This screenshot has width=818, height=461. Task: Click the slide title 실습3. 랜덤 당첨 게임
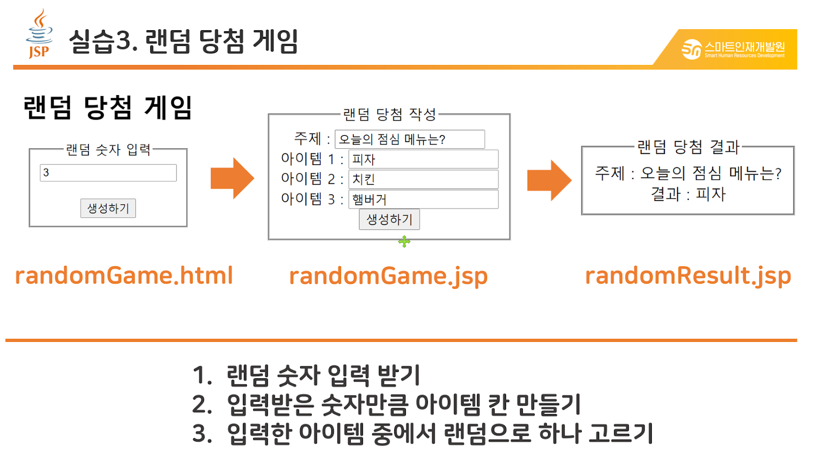pos(183,41)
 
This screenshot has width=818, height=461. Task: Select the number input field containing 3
pos(108,173)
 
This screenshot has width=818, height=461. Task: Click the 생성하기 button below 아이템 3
pos(389,219)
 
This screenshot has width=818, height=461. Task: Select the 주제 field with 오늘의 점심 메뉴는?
pos(410,139)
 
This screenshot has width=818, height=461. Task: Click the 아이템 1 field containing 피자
pos(423,159)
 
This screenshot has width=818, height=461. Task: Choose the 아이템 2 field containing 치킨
pos(423,179)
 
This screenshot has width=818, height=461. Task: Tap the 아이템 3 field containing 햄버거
pos(423,199)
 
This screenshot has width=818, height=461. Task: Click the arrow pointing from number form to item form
pos(232,178)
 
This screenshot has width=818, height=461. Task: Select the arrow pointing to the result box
pos(549,180)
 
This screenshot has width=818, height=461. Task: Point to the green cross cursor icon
pos(404,242)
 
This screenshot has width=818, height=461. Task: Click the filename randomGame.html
pos(124,275)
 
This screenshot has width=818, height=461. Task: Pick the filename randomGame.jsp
pos(388,276)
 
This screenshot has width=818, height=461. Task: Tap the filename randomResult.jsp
pos(688,276)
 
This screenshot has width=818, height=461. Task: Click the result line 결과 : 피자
pos(688,194)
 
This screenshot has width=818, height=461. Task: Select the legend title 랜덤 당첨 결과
pos(688,147)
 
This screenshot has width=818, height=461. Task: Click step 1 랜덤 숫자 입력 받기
pos(307,375)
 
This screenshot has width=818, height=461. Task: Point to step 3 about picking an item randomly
pos(423,433)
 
